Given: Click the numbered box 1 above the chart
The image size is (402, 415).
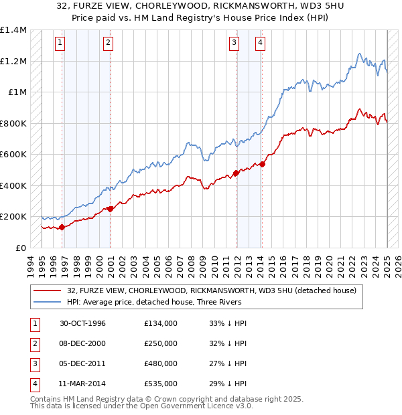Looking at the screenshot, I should (60, 44).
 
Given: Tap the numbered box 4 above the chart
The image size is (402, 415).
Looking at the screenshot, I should (260, 44).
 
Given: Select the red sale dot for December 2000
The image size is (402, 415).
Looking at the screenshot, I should (111, 209).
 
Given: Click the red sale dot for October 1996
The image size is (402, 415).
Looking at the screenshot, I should (62, 227).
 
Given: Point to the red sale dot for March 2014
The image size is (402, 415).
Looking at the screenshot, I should (263, 164).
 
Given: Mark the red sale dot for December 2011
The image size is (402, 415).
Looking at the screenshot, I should (237, 173).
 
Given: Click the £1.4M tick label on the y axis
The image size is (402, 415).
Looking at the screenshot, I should (13, 30).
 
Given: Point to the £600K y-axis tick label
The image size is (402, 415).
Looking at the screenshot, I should (13, 155).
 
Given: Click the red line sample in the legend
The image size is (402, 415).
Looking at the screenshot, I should (47, 290).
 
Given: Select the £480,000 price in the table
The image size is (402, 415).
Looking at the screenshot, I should (161, 363).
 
